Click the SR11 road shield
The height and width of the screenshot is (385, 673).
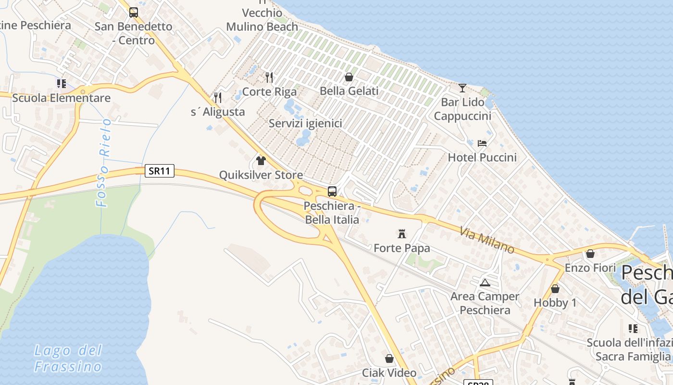160,171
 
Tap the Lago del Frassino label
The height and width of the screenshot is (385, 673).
68,358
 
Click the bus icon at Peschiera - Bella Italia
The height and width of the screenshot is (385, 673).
332,191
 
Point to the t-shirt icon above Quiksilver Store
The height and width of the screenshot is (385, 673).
261,160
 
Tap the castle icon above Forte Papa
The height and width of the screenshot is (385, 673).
402,234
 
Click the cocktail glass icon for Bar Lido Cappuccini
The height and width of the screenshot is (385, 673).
462,88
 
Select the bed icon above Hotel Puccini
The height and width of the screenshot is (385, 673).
482,143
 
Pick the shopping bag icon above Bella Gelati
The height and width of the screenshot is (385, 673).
349,77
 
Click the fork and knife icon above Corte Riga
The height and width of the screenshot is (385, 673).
269,77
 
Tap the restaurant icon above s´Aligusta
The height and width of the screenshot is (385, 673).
218,98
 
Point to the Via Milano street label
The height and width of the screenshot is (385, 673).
487,240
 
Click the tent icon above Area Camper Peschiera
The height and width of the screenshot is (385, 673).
485,282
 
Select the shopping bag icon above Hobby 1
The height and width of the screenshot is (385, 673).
555,289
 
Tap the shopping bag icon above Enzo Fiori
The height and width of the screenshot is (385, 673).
590,254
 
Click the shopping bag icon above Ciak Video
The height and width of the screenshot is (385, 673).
389,359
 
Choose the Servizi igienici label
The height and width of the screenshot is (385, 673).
305,123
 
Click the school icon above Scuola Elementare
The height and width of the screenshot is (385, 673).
61,84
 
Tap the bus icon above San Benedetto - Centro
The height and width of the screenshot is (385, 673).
134,13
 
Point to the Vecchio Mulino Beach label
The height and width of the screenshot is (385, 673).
262,20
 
